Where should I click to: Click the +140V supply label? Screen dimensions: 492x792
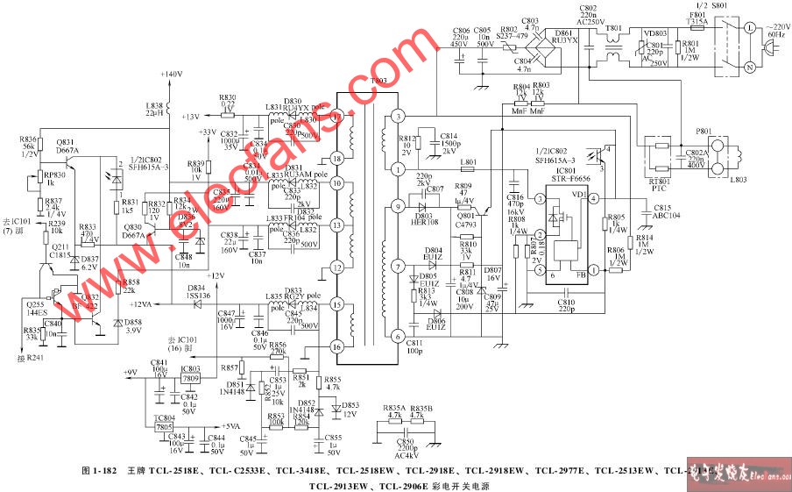(172, 74)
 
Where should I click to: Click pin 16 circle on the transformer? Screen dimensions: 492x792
(336, 347)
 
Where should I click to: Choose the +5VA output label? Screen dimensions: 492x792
(229, 425)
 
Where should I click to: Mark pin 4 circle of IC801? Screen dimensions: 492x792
(593, 199)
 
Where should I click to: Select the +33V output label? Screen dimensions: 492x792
(208, 132)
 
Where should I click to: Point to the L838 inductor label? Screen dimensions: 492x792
(154, 105)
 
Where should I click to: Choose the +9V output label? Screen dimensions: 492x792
(130, 373)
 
